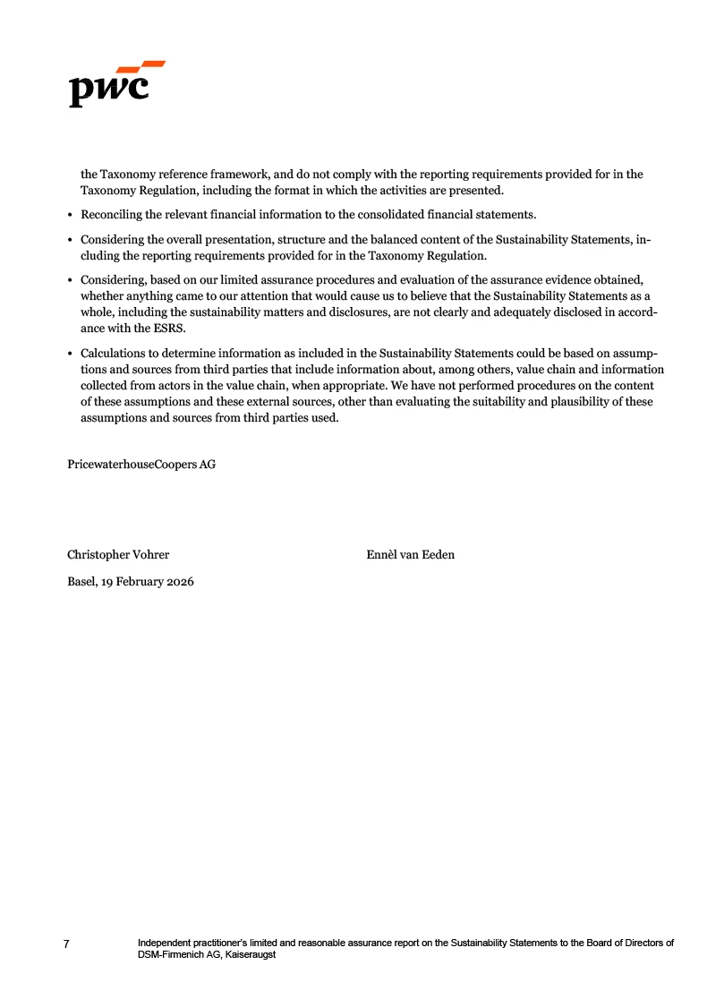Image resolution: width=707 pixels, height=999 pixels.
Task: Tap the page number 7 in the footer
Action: (x=67, y=944)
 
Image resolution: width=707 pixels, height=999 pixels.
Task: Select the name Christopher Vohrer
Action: (x=118, y=555)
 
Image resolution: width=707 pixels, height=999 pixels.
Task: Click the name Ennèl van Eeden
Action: (x=410, y=555)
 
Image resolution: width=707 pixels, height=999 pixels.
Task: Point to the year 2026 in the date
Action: (x=179, y=582)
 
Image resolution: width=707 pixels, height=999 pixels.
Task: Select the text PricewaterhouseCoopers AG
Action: (x=141, y=465)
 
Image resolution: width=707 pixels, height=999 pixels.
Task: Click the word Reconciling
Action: (x=113, y=215)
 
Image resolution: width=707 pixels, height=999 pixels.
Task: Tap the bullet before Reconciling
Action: (x=71, y=215)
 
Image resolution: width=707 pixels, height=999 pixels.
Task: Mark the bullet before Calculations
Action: (x=71, y=354)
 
